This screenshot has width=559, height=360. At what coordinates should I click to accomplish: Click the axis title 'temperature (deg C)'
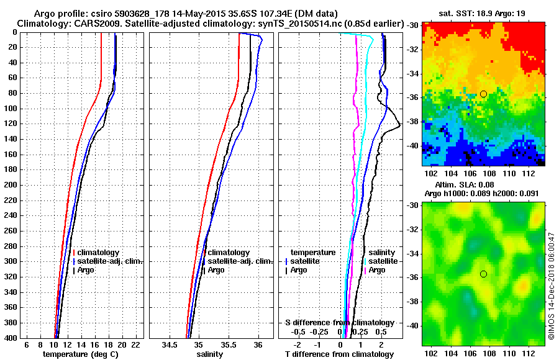click(80, 354)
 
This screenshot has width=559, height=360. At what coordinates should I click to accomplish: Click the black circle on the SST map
click(483, 94)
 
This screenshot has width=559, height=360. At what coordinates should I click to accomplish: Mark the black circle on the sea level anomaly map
click(483, 274)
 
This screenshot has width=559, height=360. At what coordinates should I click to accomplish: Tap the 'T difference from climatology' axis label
click(339, 354)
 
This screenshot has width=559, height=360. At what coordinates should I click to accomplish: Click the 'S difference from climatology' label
click(339, 323)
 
